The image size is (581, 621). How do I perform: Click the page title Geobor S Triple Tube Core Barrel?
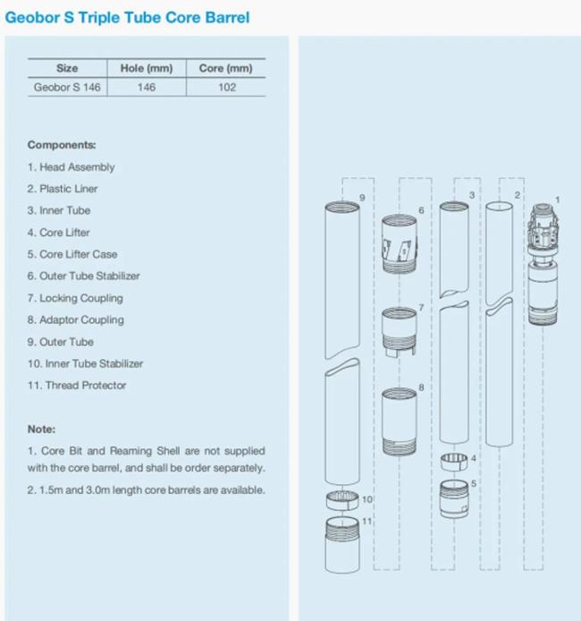click(128, 17)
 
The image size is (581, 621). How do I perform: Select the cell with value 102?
click(226, 88)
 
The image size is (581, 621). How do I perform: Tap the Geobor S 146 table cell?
click(67, 88)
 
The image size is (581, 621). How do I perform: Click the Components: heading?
click(62, 145)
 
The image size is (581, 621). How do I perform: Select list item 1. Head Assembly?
click(71, 166)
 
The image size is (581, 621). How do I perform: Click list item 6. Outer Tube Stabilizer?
click(83, 276)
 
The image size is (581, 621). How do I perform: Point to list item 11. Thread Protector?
click(77, 385)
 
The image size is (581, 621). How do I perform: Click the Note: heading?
click(41, 429)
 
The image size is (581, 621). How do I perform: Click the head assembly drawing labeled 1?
click(543, 264)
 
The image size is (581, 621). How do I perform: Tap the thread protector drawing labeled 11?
click(342, 545)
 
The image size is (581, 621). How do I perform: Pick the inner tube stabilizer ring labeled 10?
click(341, 498)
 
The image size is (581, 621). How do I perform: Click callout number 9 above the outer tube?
click(362, 196)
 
